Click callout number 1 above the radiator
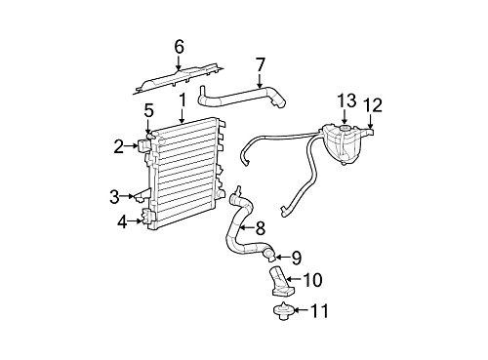pos(182,100)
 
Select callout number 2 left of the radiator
pos(118,147)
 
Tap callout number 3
pos(114,197)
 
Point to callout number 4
pos(123,221)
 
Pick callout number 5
pos(148,110)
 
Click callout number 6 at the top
pos(179,46)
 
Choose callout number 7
pos(260,66)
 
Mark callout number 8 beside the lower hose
pos(261,228)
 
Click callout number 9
pos(297,259)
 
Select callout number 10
pos(312,280)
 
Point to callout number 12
pos(371,103)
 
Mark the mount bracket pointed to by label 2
pos(144,147)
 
